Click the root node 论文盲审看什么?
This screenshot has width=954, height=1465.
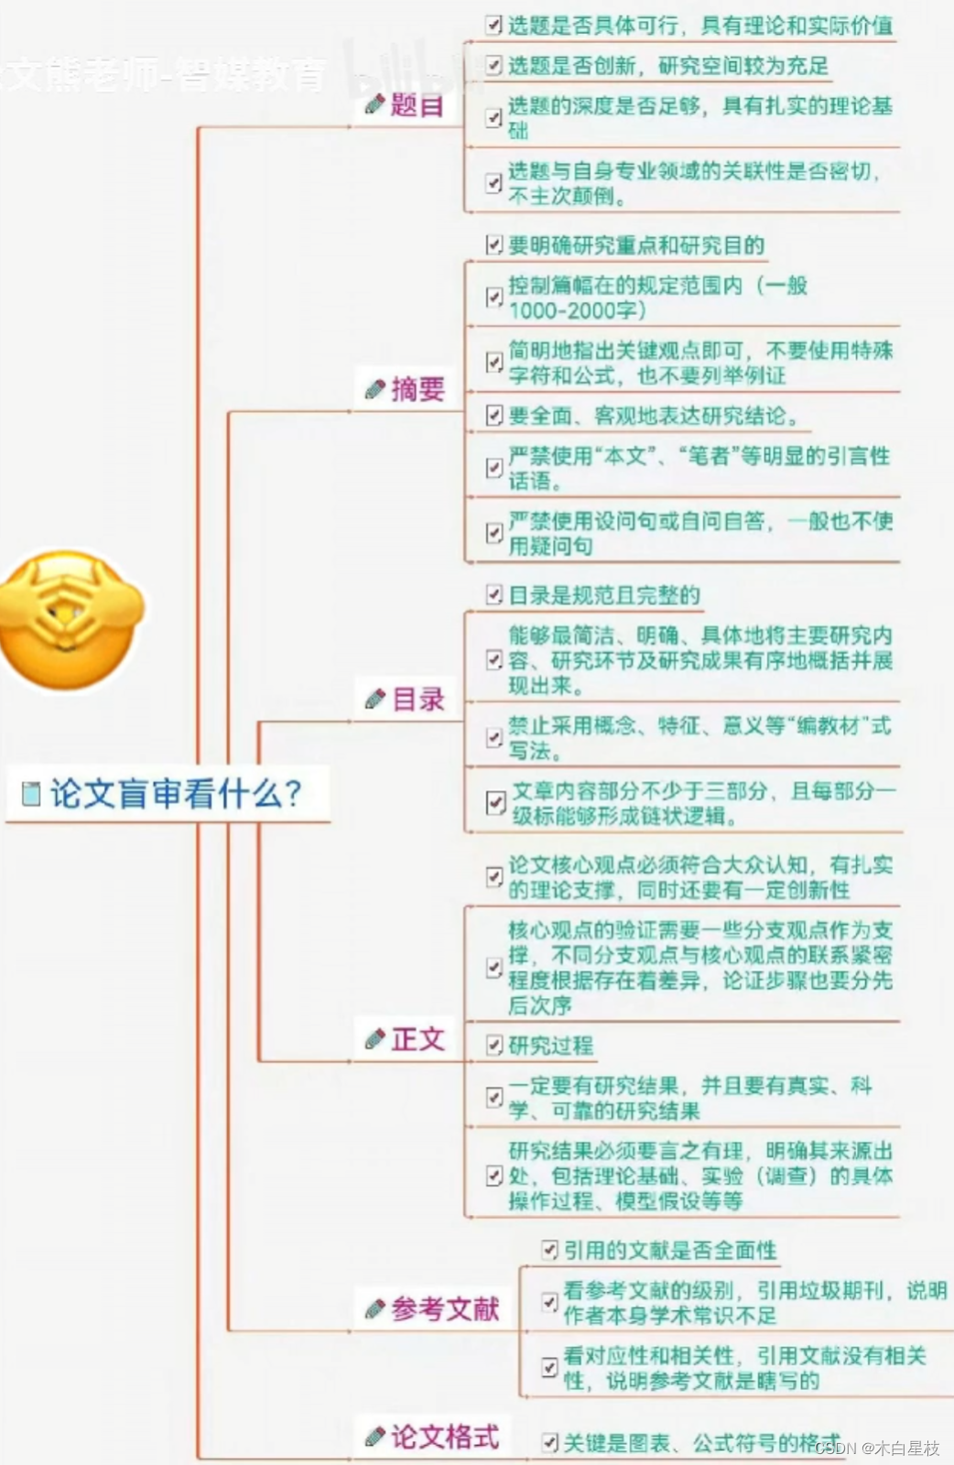coord(174,793)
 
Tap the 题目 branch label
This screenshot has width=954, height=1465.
coord(417,105)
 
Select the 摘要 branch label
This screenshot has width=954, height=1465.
coord(417,389)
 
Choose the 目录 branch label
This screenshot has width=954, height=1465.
coord(417,700)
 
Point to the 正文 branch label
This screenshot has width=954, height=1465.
coord(417,1039)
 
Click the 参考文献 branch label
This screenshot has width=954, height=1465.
coord(445,1309)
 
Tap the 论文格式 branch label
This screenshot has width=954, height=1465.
coord(445,1437)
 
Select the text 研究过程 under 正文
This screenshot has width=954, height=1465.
coord(550,1046)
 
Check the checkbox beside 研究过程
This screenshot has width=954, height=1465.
coord(494,1046)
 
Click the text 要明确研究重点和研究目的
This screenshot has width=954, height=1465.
coord(636,245)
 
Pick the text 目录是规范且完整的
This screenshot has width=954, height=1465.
coord(604,595)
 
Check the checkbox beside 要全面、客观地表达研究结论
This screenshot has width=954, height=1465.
coord(494,416)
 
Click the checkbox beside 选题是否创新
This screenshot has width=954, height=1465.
coord(494,66)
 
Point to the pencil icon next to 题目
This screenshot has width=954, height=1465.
coord(374,105)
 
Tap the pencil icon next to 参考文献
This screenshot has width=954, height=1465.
coord(374,1310)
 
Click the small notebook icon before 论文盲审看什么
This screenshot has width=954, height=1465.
coord(32,794)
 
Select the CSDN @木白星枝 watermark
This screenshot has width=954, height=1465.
coord(876,1448)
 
